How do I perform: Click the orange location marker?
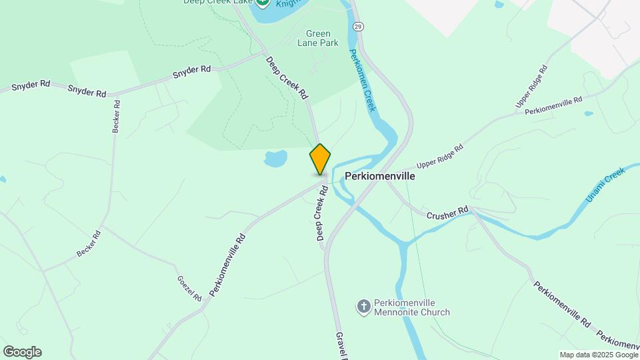pyautogui.click(x=320, y=159)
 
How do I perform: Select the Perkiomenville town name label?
pyautogui.click(x=379, y=177)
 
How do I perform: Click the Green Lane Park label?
pyautogui.click(x=322, y=38)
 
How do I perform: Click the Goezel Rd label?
pyautogui.click(x=189, y=288)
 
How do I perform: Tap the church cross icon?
pyautogui.click(x=363, y=307)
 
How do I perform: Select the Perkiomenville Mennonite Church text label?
pyautogui.click(x=411, y=307)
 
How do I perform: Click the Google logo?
pyautogui.click(x=22, y=352)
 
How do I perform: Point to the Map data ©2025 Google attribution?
pyautogui.click(x=598, y=355)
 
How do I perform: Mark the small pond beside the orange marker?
pyautogui.click(x=275, y=159)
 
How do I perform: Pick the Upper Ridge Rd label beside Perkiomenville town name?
pyautogui.click(x=439, y=157)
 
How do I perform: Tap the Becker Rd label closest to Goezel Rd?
pyautogui.click(x=88, y=243)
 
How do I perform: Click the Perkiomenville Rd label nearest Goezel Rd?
pyautogui.click(x=227, y=264)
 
